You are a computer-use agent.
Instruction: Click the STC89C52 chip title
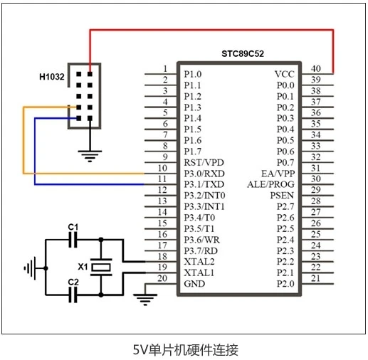click(x=243, y=53)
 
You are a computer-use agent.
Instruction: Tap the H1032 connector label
click(x=52, y=77)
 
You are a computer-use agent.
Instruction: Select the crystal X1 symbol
click(x=101, y=268)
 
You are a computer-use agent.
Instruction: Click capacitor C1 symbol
click(x=73, y=240)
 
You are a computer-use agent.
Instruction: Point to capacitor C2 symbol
click(x=73, y=295)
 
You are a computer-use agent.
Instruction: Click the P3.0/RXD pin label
click(x=204, y=174)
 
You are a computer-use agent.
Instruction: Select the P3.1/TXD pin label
click(x=204, y=184)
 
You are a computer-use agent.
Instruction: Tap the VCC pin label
click(x=285, y=74)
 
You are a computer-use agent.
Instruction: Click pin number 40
click(x=316, y=68)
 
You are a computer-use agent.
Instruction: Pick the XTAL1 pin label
click(x=199, y=272)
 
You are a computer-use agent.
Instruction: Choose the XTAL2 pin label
click(x=199, y=262)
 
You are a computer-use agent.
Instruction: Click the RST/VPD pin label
click(x=204, y=162)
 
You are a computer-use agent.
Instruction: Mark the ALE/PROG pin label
click(x=270, y=184)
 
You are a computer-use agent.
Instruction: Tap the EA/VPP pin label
click(x=278, y=174)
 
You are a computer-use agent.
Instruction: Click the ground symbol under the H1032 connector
click(x=90, y=156)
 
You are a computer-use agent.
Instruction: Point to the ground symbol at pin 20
click(x=145, y=300)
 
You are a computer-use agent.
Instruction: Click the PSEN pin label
click(x=282, y=196)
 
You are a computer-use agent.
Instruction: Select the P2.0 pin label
click(x=285, y=284)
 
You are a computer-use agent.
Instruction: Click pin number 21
click(x=315, y=278)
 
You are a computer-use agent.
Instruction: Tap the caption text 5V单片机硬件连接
click(x=185, y=350)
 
